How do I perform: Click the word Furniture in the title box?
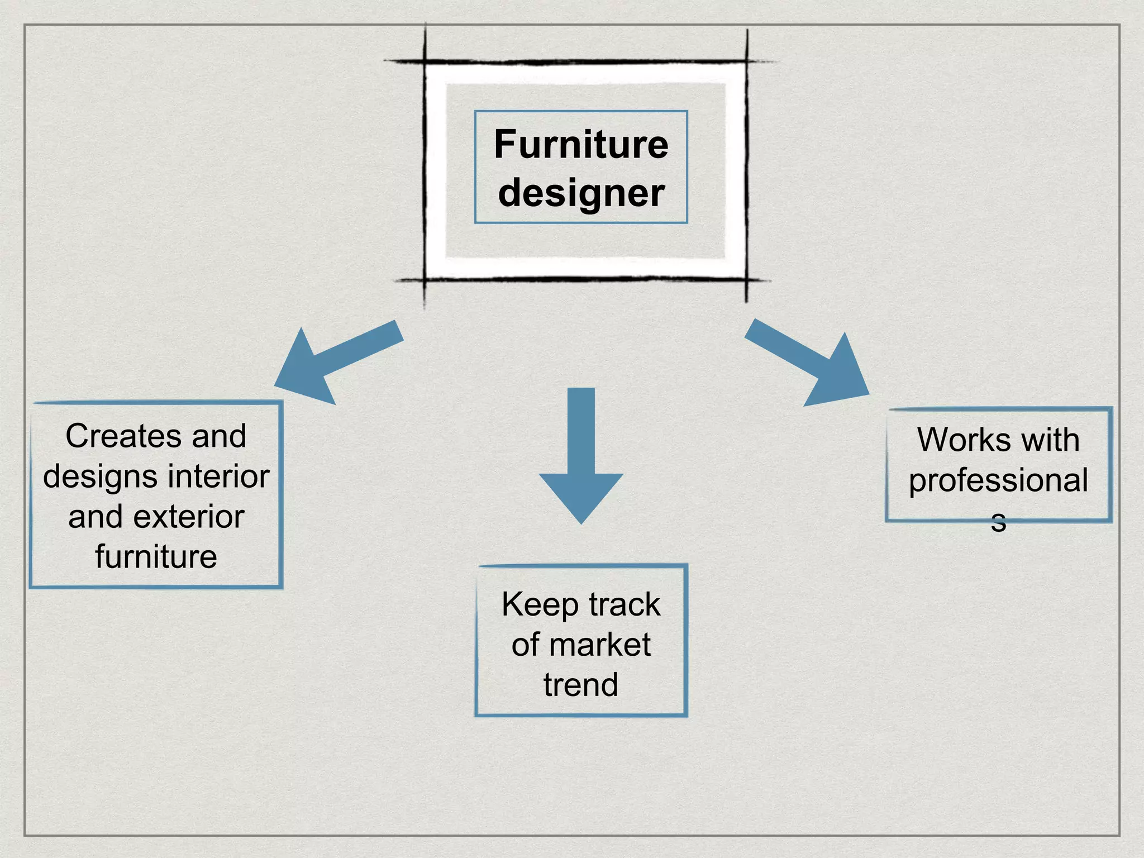coord(581,145)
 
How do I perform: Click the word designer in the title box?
coord(581,193)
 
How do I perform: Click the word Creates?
coord(123,436)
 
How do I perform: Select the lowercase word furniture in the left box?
coord(156,557)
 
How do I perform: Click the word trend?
coord(581,685)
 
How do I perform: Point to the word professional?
coord(998,480)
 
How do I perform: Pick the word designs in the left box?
coord(100,476)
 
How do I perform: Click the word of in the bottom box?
coord(525,645)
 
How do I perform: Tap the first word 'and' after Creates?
coord(219,436)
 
